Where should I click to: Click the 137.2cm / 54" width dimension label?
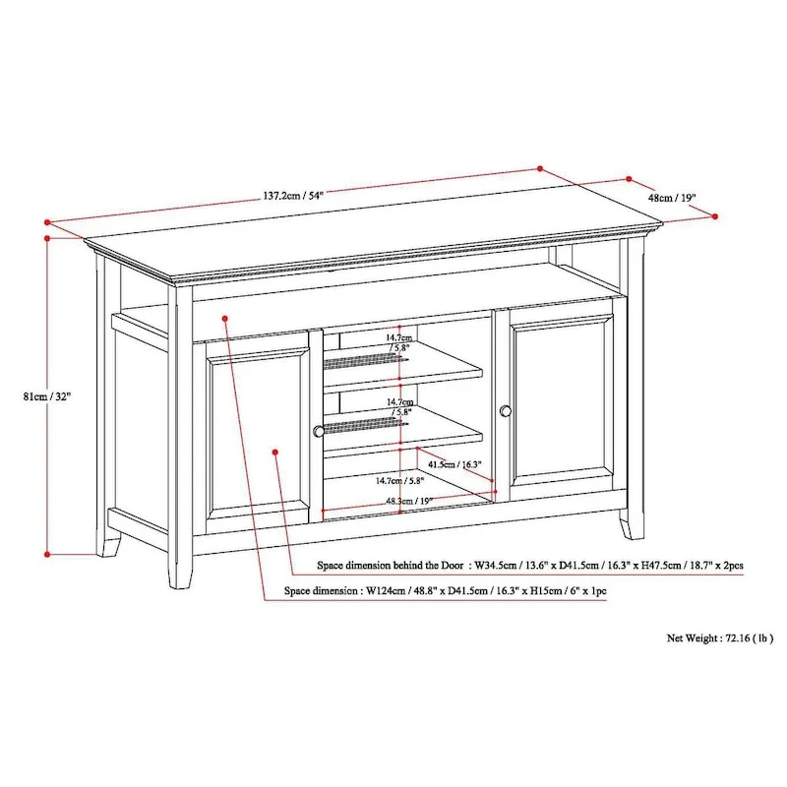click(292, 196)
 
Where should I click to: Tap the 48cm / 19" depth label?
click(672, 197)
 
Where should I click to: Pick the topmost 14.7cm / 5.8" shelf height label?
click(399, 342)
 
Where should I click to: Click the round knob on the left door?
click(319, 430)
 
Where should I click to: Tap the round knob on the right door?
click(506, 410)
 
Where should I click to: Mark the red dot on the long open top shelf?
click(226, 318)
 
